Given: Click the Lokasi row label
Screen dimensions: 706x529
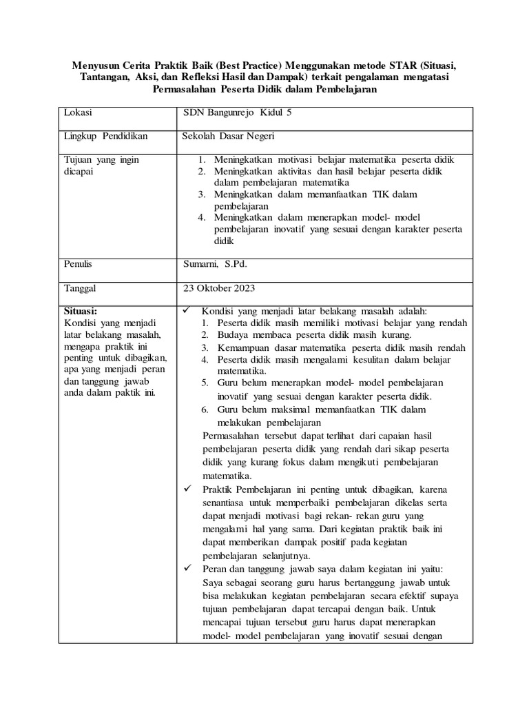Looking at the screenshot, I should (x=78, y=112).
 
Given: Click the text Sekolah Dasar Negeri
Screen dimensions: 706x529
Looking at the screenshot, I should (x=229, y=137).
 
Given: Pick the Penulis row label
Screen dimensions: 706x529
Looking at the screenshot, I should (x=78, y=264).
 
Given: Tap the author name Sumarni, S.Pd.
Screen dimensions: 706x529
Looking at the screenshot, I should (x=215, y=264).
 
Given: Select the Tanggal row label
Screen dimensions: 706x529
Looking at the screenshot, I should (x=81, y=288).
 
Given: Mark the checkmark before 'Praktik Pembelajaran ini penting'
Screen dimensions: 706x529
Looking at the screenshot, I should (x=185, y=489).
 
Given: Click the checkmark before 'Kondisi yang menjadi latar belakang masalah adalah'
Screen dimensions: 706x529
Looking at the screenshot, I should (x=185, y=310).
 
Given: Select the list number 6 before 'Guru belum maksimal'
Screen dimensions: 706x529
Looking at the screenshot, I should (x=205, y=410).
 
